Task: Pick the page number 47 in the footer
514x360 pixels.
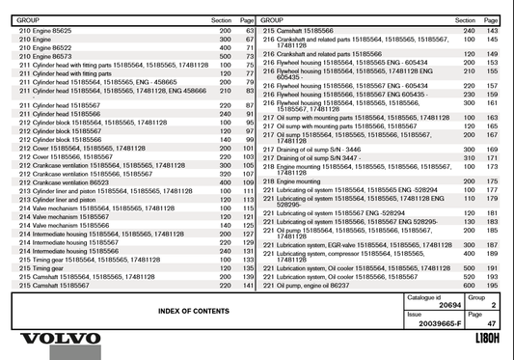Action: (491, 323)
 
